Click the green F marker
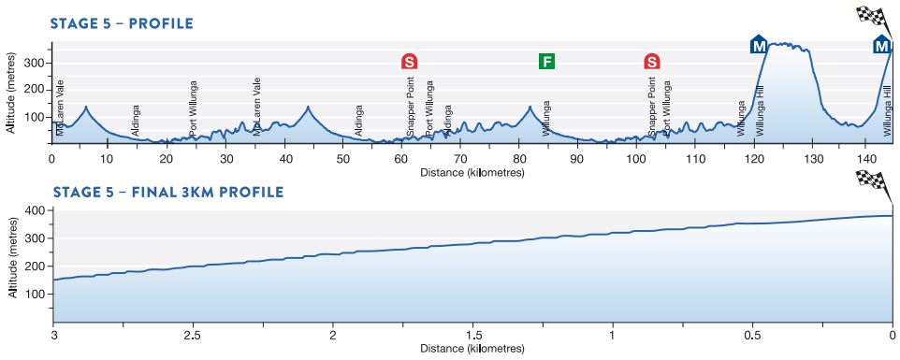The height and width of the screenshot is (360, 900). tap(547, 62)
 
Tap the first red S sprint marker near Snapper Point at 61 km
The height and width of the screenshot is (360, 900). tap(409, 62)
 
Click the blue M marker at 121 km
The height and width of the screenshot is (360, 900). tap(759, 44)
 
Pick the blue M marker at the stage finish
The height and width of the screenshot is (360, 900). tap(881, 44)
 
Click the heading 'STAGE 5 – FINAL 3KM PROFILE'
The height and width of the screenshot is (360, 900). tap(168, 193)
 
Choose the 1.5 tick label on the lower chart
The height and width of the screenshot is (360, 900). tap(472, 335)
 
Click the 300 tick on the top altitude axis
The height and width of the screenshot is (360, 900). tap(36, 63)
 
